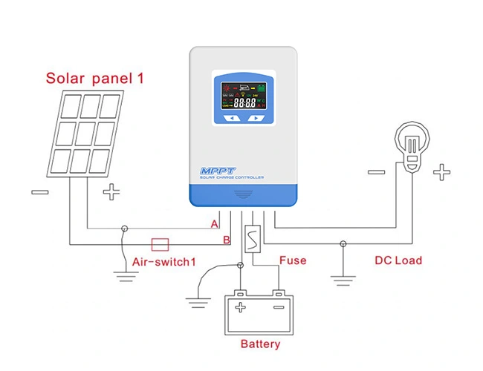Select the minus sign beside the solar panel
pos(40,192)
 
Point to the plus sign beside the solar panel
pos(111,193)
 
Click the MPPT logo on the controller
pos(216,171)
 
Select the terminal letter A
pos(215,223)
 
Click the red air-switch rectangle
pos(161,243)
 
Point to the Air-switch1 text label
pos(163,262)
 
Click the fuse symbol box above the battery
pos(253,240)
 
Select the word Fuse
pos(292,260)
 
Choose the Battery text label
pos(260,344)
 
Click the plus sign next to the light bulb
pos(442,173)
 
